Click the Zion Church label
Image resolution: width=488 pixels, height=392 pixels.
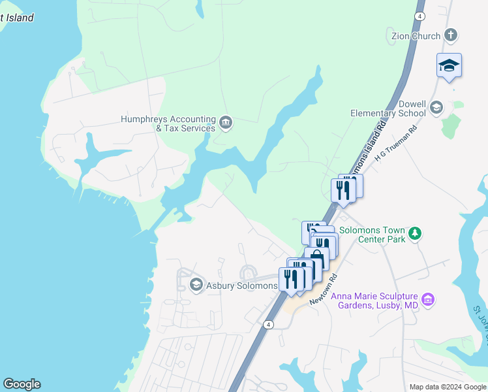(416, 35)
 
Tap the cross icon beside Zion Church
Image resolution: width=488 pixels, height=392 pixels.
(450, 35)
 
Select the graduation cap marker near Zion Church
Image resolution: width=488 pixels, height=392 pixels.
(449, 65)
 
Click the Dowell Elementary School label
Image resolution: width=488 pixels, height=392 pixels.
(388, 108)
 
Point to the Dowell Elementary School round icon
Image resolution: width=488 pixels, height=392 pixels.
(436, 107)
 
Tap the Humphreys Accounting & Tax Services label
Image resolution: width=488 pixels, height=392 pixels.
(168, 123)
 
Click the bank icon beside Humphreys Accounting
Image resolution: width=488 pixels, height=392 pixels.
(225, 122)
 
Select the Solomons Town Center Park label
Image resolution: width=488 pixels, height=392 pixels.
(382, 235)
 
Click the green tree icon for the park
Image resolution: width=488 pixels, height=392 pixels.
(414, 233)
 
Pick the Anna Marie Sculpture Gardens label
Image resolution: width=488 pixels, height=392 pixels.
(374, 301)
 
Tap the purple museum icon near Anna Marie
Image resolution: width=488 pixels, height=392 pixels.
(428, 300)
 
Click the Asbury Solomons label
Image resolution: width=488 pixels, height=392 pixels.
(242, 286)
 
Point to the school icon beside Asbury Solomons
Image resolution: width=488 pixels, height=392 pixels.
(196, 285)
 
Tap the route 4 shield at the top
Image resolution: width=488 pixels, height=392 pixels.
(419, 16)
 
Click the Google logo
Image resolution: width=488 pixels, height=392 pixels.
(22, 384)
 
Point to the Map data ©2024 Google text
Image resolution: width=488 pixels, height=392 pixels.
(448, 387)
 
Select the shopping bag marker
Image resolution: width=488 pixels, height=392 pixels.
(317, 257)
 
